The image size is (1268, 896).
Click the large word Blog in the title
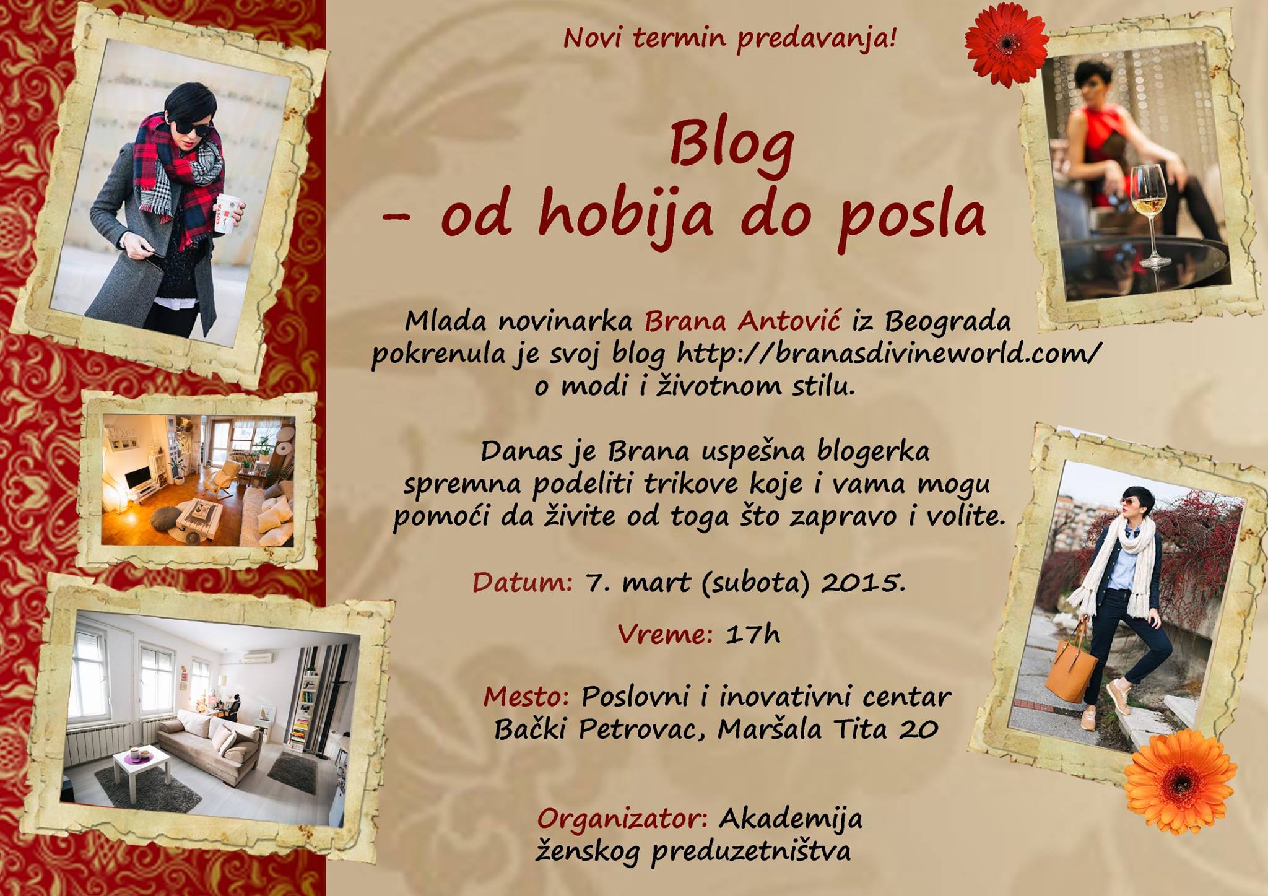coord(731,146)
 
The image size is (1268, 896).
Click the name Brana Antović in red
coord(742,321)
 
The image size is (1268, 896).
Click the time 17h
coord(752,634)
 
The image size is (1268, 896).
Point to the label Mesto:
coord(526,697)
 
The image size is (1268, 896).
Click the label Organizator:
coord(623,819)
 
